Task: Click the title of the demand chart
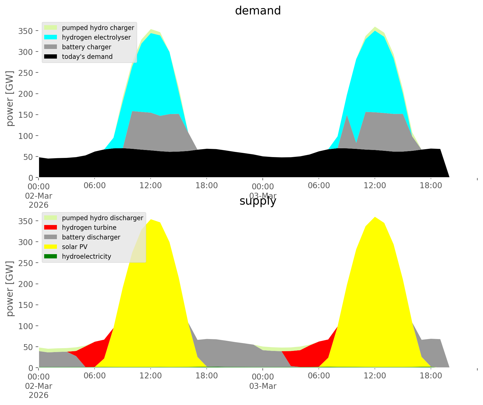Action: (258, 11)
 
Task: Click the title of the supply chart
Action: (258, 201)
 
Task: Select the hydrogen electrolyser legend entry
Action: (96, 37)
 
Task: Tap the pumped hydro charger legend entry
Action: (98, 28)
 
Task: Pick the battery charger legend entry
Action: (86, 47)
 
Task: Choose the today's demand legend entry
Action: (87, 57)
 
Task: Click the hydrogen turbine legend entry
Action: (89, 228)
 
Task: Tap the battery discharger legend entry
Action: (91, 237)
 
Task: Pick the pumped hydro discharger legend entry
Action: (102, 218)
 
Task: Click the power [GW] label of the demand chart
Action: (10, 98)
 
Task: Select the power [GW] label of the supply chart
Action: (10, 289)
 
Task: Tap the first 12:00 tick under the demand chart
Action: (151, 186)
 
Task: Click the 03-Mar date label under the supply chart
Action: (263, 386)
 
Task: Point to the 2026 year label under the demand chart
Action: (39, 205)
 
